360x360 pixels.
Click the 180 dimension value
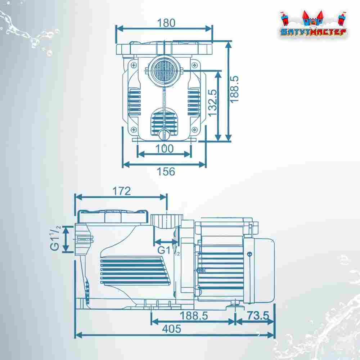[166, 23]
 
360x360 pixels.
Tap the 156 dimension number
[166, 171]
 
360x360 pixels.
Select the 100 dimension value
[165, 149]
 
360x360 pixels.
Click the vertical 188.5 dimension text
[234, 89]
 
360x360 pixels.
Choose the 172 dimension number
[122, 191]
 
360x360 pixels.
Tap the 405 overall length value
[171, 329]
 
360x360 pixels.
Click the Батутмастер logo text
[314, 32]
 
